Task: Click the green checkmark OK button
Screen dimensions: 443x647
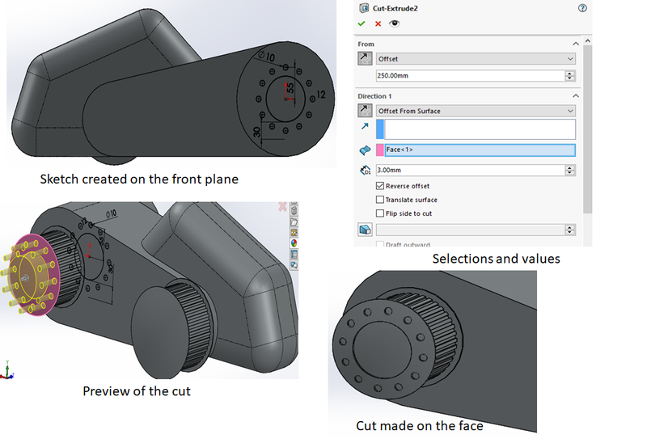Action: [362, 24]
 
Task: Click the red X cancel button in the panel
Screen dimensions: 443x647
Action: [377, 24]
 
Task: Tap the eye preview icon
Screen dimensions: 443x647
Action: [393, 24]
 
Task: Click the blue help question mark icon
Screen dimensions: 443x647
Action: [582, 7]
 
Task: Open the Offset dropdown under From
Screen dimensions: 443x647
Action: [476, 59]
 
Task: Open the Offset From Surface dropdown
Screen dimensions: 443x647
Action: [476, 111]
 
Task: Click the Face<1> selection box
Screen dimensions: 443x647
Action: [480, 150]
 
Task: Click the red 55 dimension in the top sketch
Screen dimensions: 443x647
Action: [290, 86]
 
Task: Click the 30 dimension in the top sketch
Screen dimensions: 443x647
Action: [256, 133]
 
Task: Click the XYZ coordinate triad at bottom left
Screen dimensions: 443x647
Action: [8, 371]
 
